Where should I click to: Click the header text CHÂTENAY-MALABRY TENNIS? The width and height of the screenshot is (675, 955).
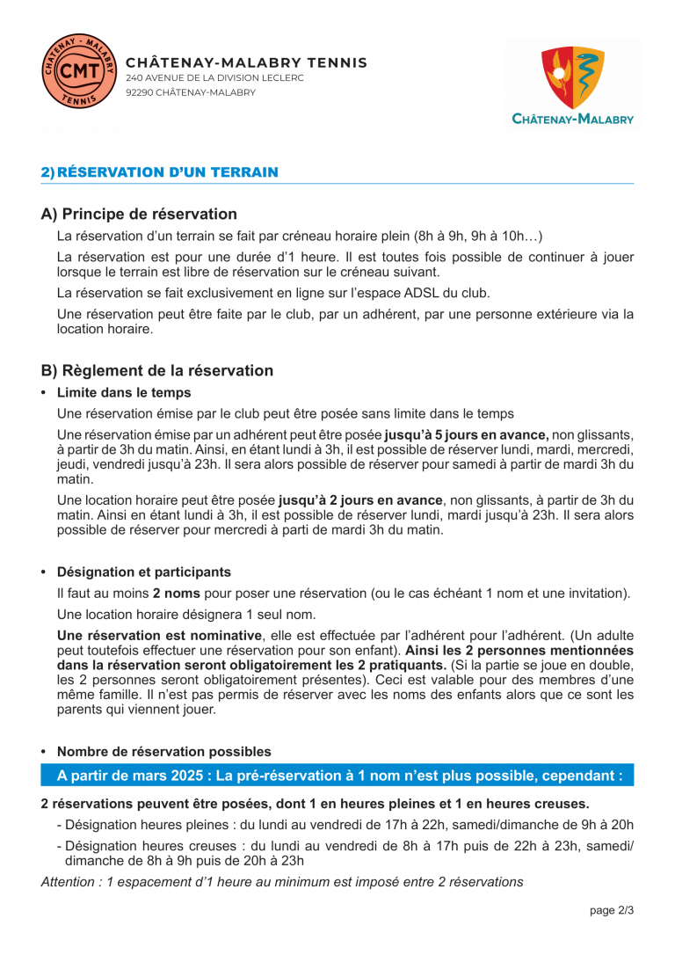coord(247,63)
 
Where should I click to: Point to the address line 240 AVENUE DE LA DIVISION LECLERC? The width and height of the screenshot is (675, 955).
coord(214,78)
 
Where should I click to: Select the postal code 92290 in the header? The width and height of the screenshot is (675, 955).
coord(139,92)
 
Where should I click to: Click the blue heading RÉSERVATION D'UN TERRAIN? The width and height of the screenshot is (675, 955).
coord(168,172)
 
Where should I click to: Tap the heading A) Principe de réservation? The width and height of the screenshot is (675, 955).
coord(139,214)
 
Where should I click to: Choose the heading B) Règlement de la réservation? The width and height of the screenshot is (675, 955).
coord(156,370)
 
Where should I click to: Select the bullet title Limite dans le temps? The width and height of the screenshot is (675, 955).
coord(124,392)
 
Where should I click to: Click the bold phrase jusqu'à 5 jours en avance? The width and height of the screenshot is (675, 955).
coord(466,434)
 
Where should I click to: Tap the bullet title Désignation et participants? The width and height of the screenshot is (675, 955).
coord(144,572)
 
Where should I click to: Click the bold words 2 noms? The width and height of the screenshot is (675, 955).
coord(176,593)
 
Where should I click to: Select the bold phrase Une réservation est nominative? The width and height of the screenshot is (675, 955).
coord(159,636)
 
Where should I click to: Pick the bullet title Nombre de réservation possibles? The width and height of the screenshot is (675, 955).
coord(163,751)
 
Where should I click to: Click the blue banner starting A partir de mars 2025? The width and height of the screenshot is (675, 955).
coord(337,776)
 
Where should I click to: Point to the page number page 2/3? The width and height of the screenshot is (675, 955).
coord(612,910)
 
